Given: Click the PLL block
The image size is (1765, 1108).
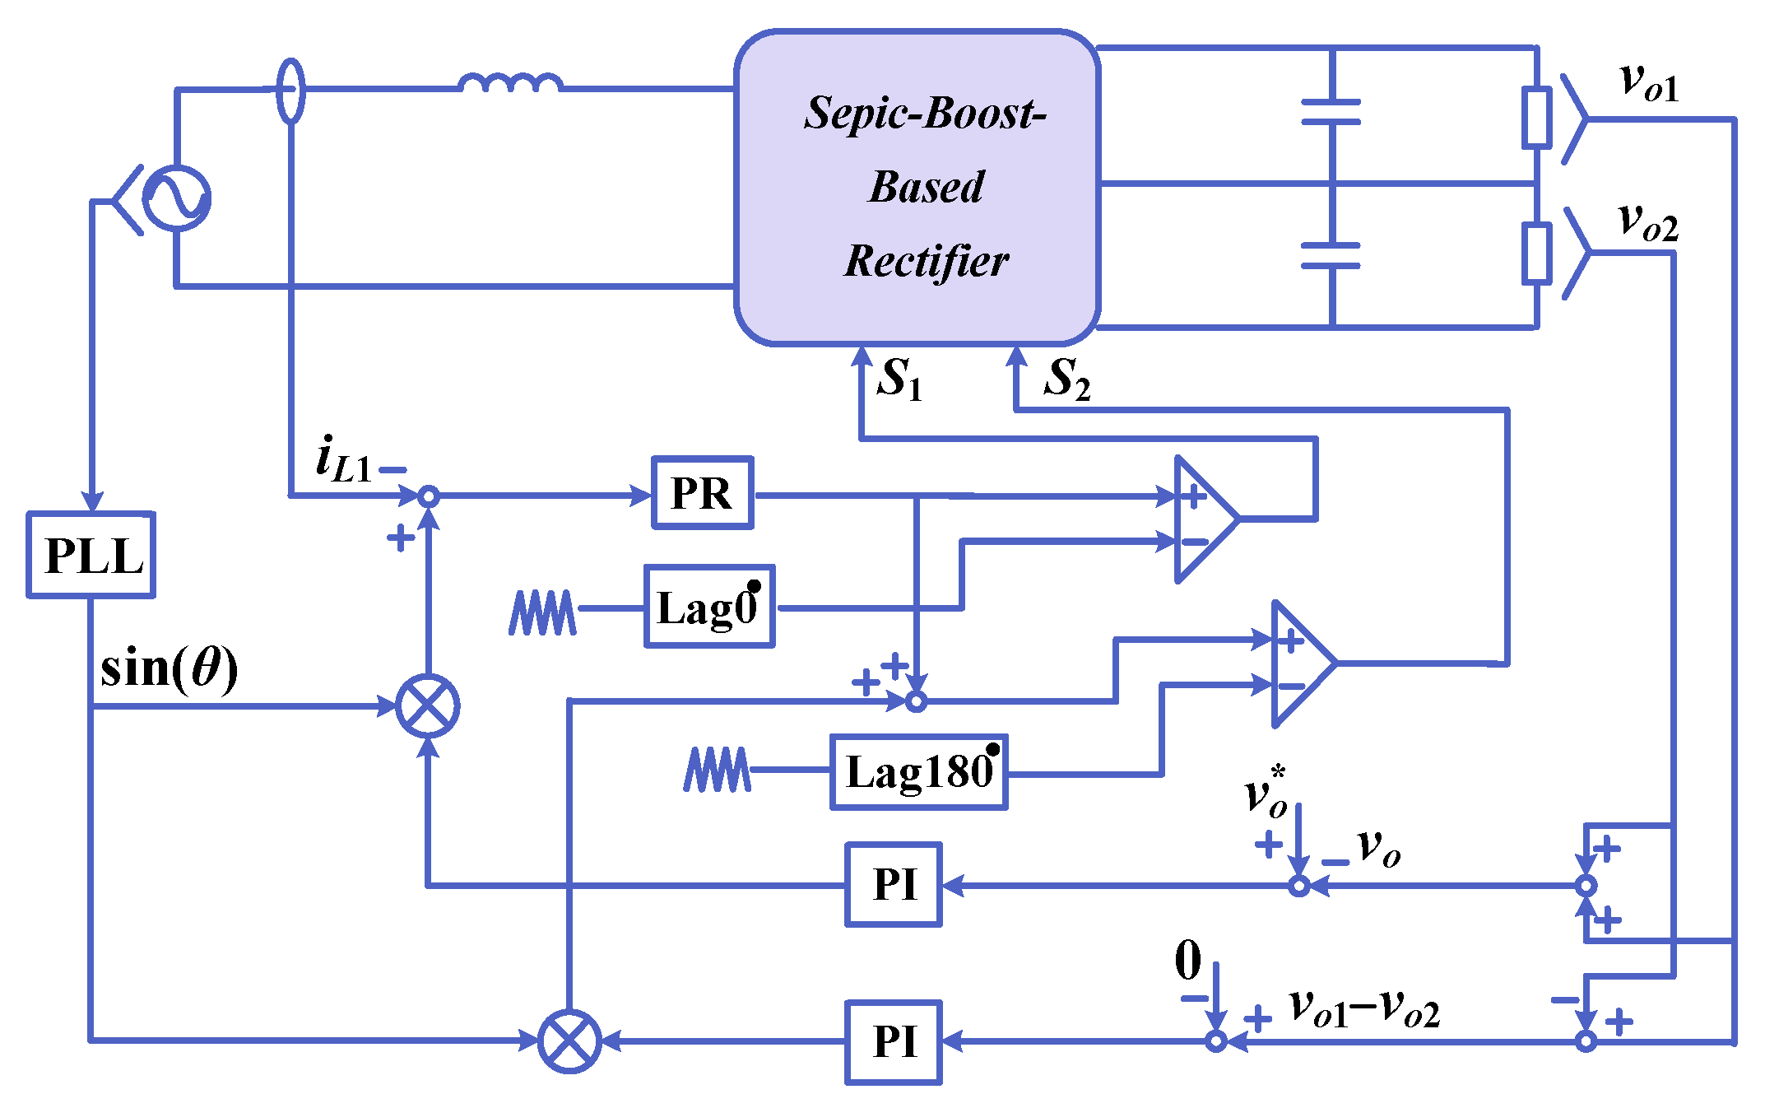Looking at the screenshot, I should click(x=91, y=555).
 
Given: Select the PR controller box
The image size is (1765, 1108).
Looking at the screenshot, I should click(x=702, y=493).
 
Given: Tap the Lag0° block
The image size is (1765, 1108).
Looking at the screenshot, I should click(x=708, y=607).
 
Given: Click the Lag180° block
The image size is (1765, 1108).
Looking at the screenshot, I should click(x=918, y=772).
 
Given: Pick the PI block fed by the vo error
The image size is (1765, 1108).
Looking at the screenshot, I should click(x=894, y=885).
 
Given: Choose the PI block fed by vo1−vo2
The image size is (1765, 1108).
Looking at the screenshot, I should click(x=894, y=1041).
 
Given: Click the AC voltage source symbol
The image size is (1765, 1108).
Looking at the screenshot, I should click(x=176, y=198).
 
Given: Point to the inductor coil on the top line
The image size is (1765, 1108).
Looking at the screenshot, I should click(x=510, y=82).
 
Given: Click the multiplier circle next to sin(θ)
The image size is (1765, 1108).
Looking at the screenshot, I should click(x=428, y=706).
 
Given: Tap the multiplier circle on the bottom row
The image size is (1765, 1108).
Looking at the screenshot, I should click(x=569, y=1041).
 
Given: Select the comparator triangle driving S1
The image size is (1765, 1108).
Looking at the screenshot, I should click(x=1203, y=519).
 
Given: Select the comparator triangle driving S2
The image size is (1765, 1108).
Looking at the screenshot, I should click(x=1300, y=663).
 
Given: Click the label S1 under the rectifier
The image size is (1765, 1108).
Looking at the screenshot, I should click(x=899, y=379).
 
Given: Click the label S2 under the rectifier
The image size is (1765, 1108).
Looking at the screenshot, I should click(x=1066, y=379).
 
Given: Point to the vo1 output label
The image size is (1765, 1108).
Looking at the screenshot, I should click(x=1648, y=83).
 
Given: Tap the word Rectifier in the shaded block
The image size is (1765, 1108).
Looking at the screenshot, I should click(x=927, y=261).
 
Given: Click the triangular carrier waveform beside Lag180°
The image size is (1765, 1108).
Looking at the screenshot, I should click(x=717, y=770).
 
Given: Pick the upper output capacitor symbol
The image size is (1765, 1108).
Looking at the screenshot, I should click(x=1331, y=113).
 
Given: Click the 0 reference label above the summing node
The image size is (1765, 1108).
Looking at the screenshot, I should click(x=1187, y=960).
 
